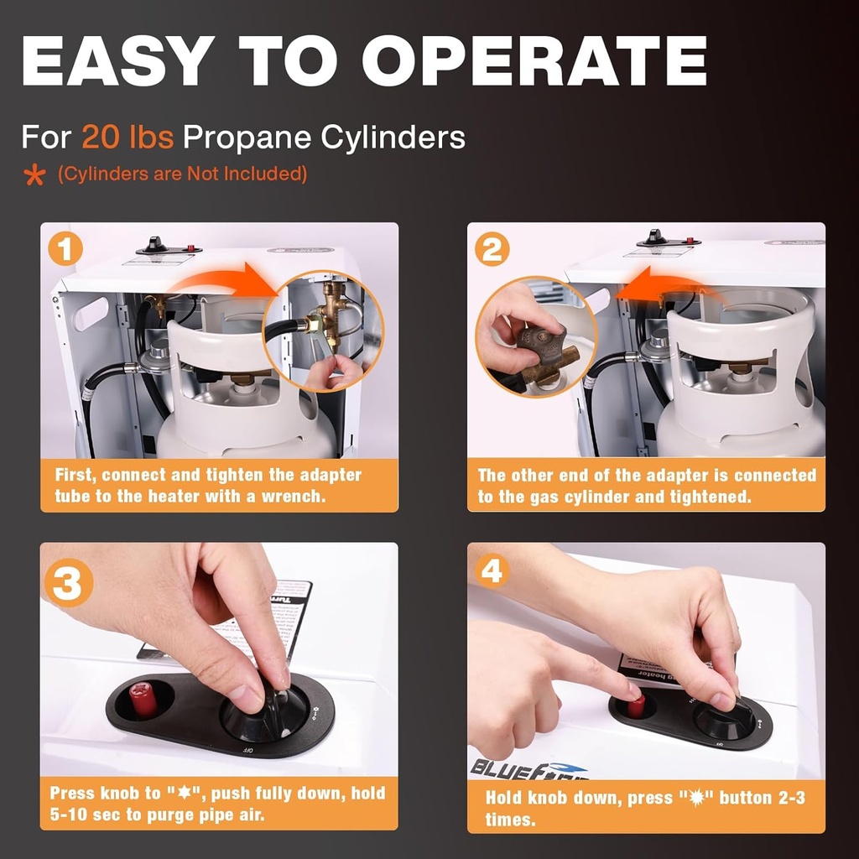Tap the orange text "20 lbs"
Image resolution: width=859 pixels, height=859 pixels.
click(x=128, y=136)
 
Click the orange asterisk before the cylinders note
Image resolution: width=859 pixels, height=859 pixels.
click(x=34, y=175)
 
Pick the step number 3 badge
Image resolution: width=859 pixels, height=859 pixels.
click(x=67, y=584)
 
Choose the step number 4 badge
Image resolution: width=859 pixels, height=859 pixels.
click(x=492, y=572)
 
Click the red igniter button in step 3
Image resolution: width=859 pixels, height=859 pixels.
click(x=143, y=699)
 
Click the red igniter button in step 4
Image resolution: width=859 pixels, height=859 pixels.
click(x=637, y=705)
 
